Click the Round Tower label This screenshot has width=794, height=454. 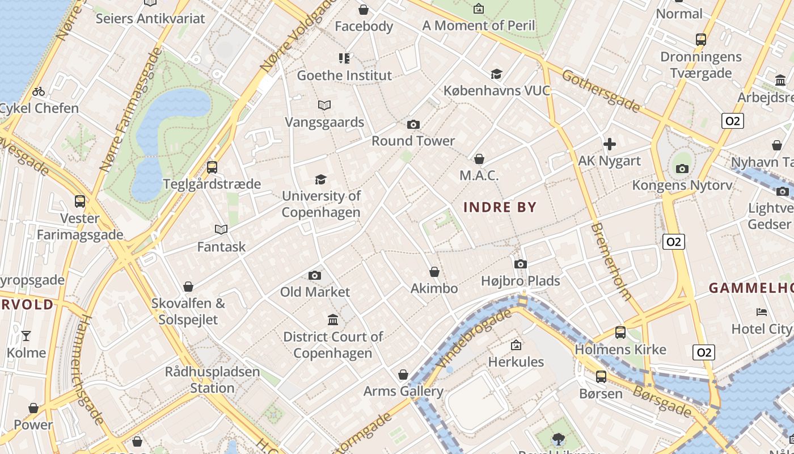[413, 141]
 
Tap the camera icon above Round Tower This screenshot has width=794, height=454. [413, 124]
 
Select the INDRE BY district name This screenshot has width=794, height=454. [500, 207]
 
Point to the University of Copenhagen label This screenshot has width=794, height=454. [321, 204]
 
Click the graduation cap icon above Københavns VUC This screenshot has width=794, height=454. [496, 74]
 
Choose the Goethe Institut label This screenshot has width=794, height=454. [344, 75]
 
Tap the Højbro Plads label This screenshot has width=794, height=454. [520, 281]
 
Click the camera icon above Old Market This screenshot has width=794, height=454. [315, 275]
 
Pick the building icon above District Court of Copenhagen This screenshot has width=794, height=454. [333, 320]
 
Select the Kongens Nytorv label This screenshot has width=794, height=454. [682, 185]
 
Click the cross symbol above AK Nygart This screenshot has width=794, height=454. [610, 144]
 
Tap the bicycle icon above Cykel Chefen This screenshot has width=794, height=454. [39, 91]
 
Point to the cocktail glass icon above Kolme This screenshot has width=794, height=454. [26, 336]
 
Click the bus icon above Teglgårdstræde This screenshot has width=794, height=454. [212, 167]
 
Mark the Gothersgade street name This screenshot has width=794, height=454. [601, 91]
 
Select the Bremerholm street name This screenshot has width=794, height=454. [611, 261]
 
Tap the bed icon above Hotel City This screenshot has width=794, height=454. [762, 312]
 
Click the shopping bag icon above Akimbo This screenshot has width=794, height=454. [434, 272]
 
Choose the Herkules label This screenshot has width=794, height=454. [516, 361]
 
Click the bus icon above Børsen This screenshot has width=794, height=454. [601, 376]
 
